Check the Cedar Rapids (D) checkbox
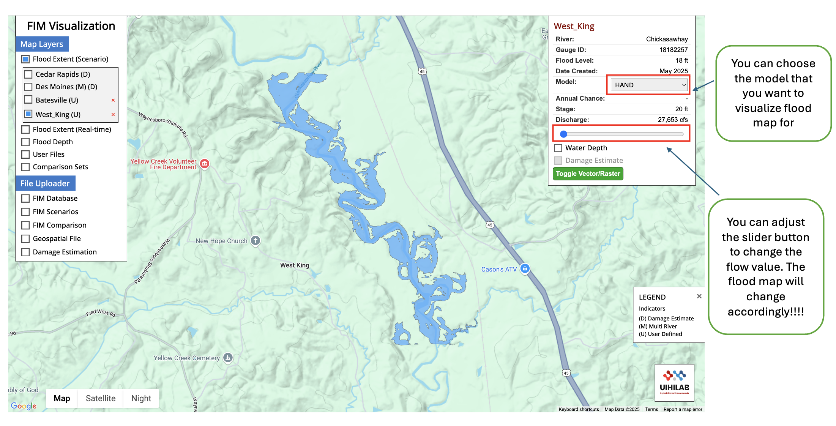coord(28,74)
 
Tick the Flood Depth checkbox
coord(25,142)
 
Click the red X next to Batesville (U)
coord(113,100)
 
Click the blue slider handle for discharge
coord(564,134)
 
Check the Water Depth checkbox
coord(558,148)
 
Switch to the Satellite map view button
coord(101,398)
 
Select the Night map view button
coord(141,398)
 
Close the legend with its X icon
coord(699,296)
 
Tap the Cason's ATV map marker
coord(525,269)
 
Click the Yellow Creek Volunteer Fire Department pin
coord(205,164)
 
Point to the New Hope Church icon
coord(256,240)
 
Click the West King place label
coord(295,265)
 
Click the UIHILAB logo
coord(674,382)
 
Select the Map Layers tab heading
coord(42,44)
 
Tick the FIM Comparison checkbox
coord(25,226)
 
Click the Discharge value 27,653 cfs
coord(672,120)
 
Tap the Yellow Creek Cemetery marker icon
coord(228,357)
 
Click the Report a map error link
coord(683,409)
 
